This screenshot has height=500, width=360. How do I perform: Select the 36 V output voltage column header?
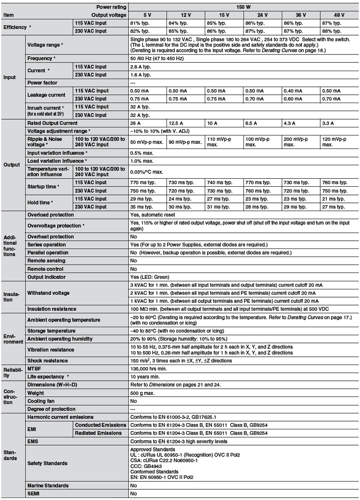tap(301, 14)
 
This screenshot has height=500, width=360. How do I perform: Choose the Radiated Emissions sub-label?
tap(98, 433)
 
